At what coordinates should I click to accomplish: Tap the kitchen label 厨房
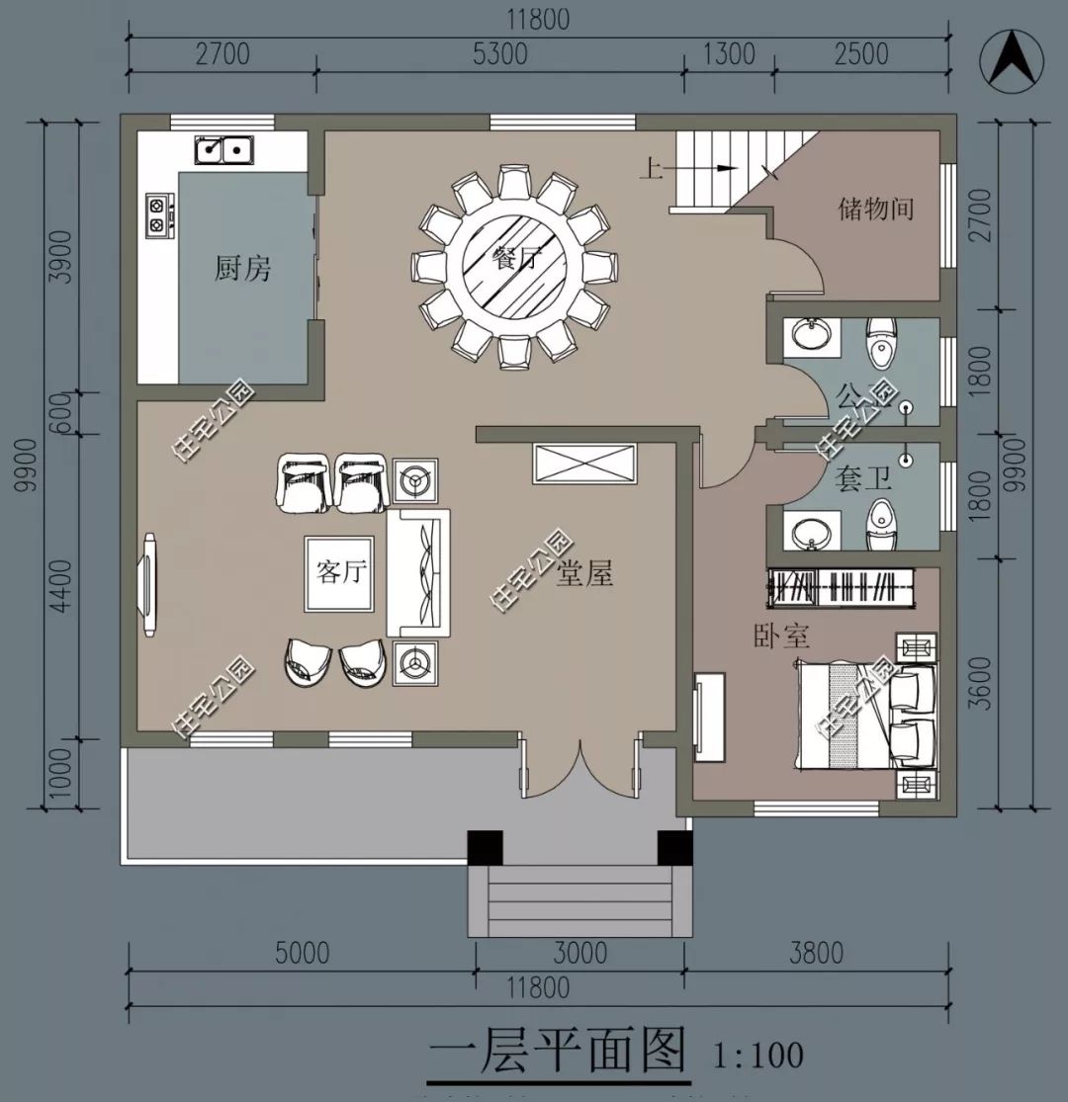(x=242, y=268)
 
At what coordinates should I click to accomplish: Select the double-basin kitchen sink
(x=222, y=151)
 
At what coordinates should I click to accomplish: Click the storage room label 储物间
(x=875, y=209)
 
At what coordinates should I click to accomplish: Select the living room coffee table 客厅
(x=339, y=574)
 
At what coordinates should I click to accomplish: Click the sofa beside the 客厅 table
(x=418, y=573)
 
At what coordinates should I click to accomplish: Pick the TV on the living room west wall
(x=149, y=585)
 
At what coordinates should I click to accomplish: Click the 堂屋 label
(x=584, y=573)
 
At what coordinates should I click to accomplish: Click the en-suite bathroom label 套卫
(x=863, y=480)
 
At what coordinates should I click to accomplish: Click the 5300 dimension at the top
(x=499, y=53)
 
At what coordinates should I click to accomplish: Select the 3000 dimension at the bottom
(x=579, y=953)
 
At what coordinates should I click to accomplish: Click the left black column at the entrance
(x=485, y=847)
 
